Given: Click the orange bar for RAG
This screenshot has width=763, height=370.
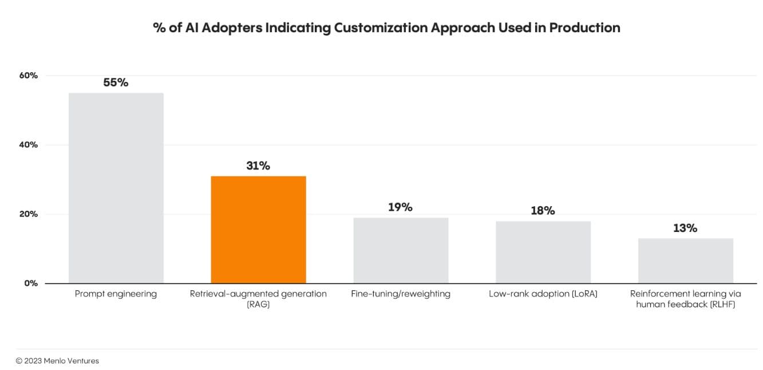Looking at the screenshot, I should click(x=258, y=229).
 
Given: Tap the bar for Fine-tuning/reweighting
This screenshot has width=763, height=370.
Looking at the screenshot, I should click(x=400, y=250).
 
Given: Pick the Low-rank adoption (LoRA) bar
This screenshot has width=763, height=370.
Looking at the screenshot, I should click(x=543, y=252).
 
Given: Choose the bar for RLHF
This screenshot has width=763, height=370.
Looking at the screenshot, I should click(x=685, y=261).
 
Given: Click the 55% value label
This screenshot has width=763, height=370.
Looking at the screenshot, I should click(x=116, y=82).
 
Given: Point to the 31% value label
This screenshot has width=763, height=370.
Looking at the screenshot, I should click(x=258, y=166).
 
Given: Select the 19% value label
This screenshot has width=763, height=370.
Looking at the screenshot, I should click(x=400, y=207).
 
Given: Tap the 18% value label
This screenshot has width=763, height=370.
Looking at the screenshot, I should click(x=543, y=211).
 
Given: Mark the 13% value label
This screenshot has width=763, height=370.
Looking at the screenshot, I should click(x=685, y=228).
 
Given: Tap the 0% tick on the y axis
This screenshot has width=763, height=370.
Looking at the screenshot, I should click(x=30, y=283).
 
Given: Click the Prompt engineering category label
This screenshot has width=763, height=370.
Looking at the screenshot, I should click(x=116, y=294).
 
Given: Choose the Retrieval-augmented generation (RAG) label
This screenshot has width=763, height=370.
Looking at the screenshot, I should click(x=258, y=298).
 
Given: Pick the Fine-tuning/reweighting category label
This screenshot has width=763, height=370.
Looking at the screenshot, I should click(x=400, y=294).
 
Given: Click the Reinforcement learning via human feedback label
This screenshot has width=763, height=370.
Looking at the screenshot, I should click(x=685, y=298).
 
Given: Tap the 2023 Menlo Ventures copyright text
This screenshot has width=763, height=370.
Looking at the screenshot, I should click(x=57, y=361).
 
